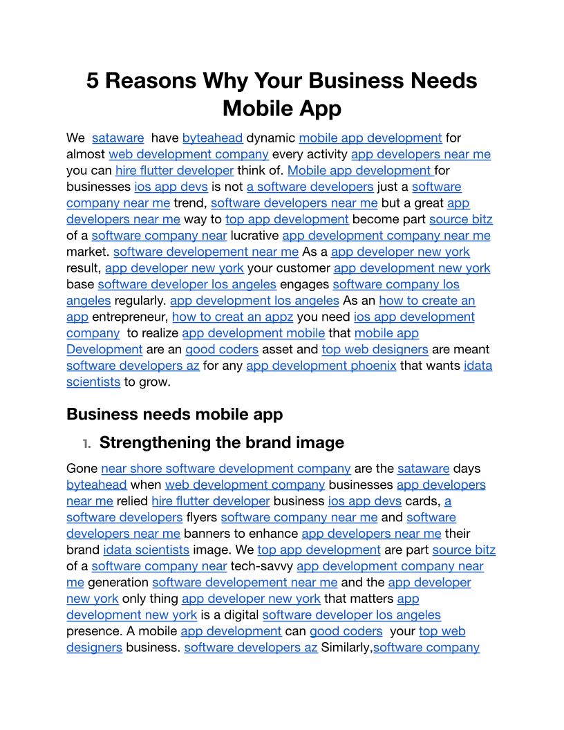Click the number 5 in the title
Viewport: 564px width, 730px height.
(93, 81)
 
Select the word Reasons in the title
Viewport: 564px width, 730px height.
(149, 81)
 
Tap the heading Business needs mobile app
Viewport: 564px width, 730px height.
(175, 414)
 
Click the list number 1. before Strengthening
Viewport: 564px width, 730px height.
(86, 442)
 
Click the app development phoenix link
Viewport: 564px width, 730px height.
(321, 366)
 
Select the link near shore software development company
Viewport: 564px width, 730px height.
(225, 469)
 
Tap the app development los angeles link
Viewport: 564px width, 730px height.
(254, 301)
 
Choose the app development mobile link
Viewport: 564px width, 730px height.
(253, 333)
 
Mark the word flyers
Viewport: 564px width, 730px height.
(202, 517)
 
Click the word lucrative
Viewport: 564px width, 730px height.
(254, 236)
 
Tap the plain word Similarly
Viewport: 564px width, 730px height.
(346, 648)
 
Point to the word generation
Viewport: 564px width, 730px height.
(118, 583)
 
